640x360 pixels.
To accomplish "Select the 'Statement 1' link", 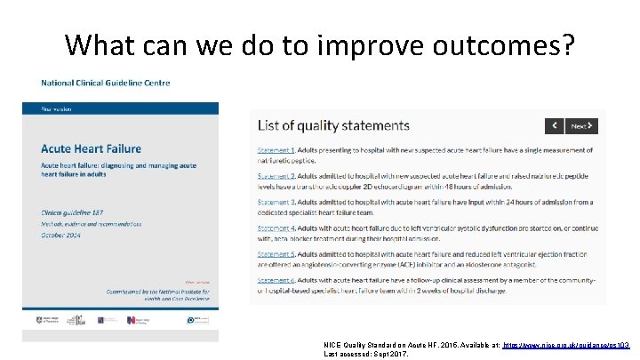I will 276,151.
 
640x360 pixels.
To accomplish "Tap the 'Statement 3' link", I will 276,203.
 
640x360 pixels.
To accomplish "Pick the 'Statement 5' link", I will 276,254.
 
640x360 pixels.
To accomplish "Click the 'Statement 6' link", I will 276,280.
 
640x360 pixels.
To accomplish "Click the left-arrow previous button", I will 554,126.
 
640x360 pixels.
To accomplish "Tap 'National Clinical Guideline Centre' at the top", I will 105,83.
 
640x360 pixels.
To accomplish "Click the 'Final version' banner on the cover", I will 59,108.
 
